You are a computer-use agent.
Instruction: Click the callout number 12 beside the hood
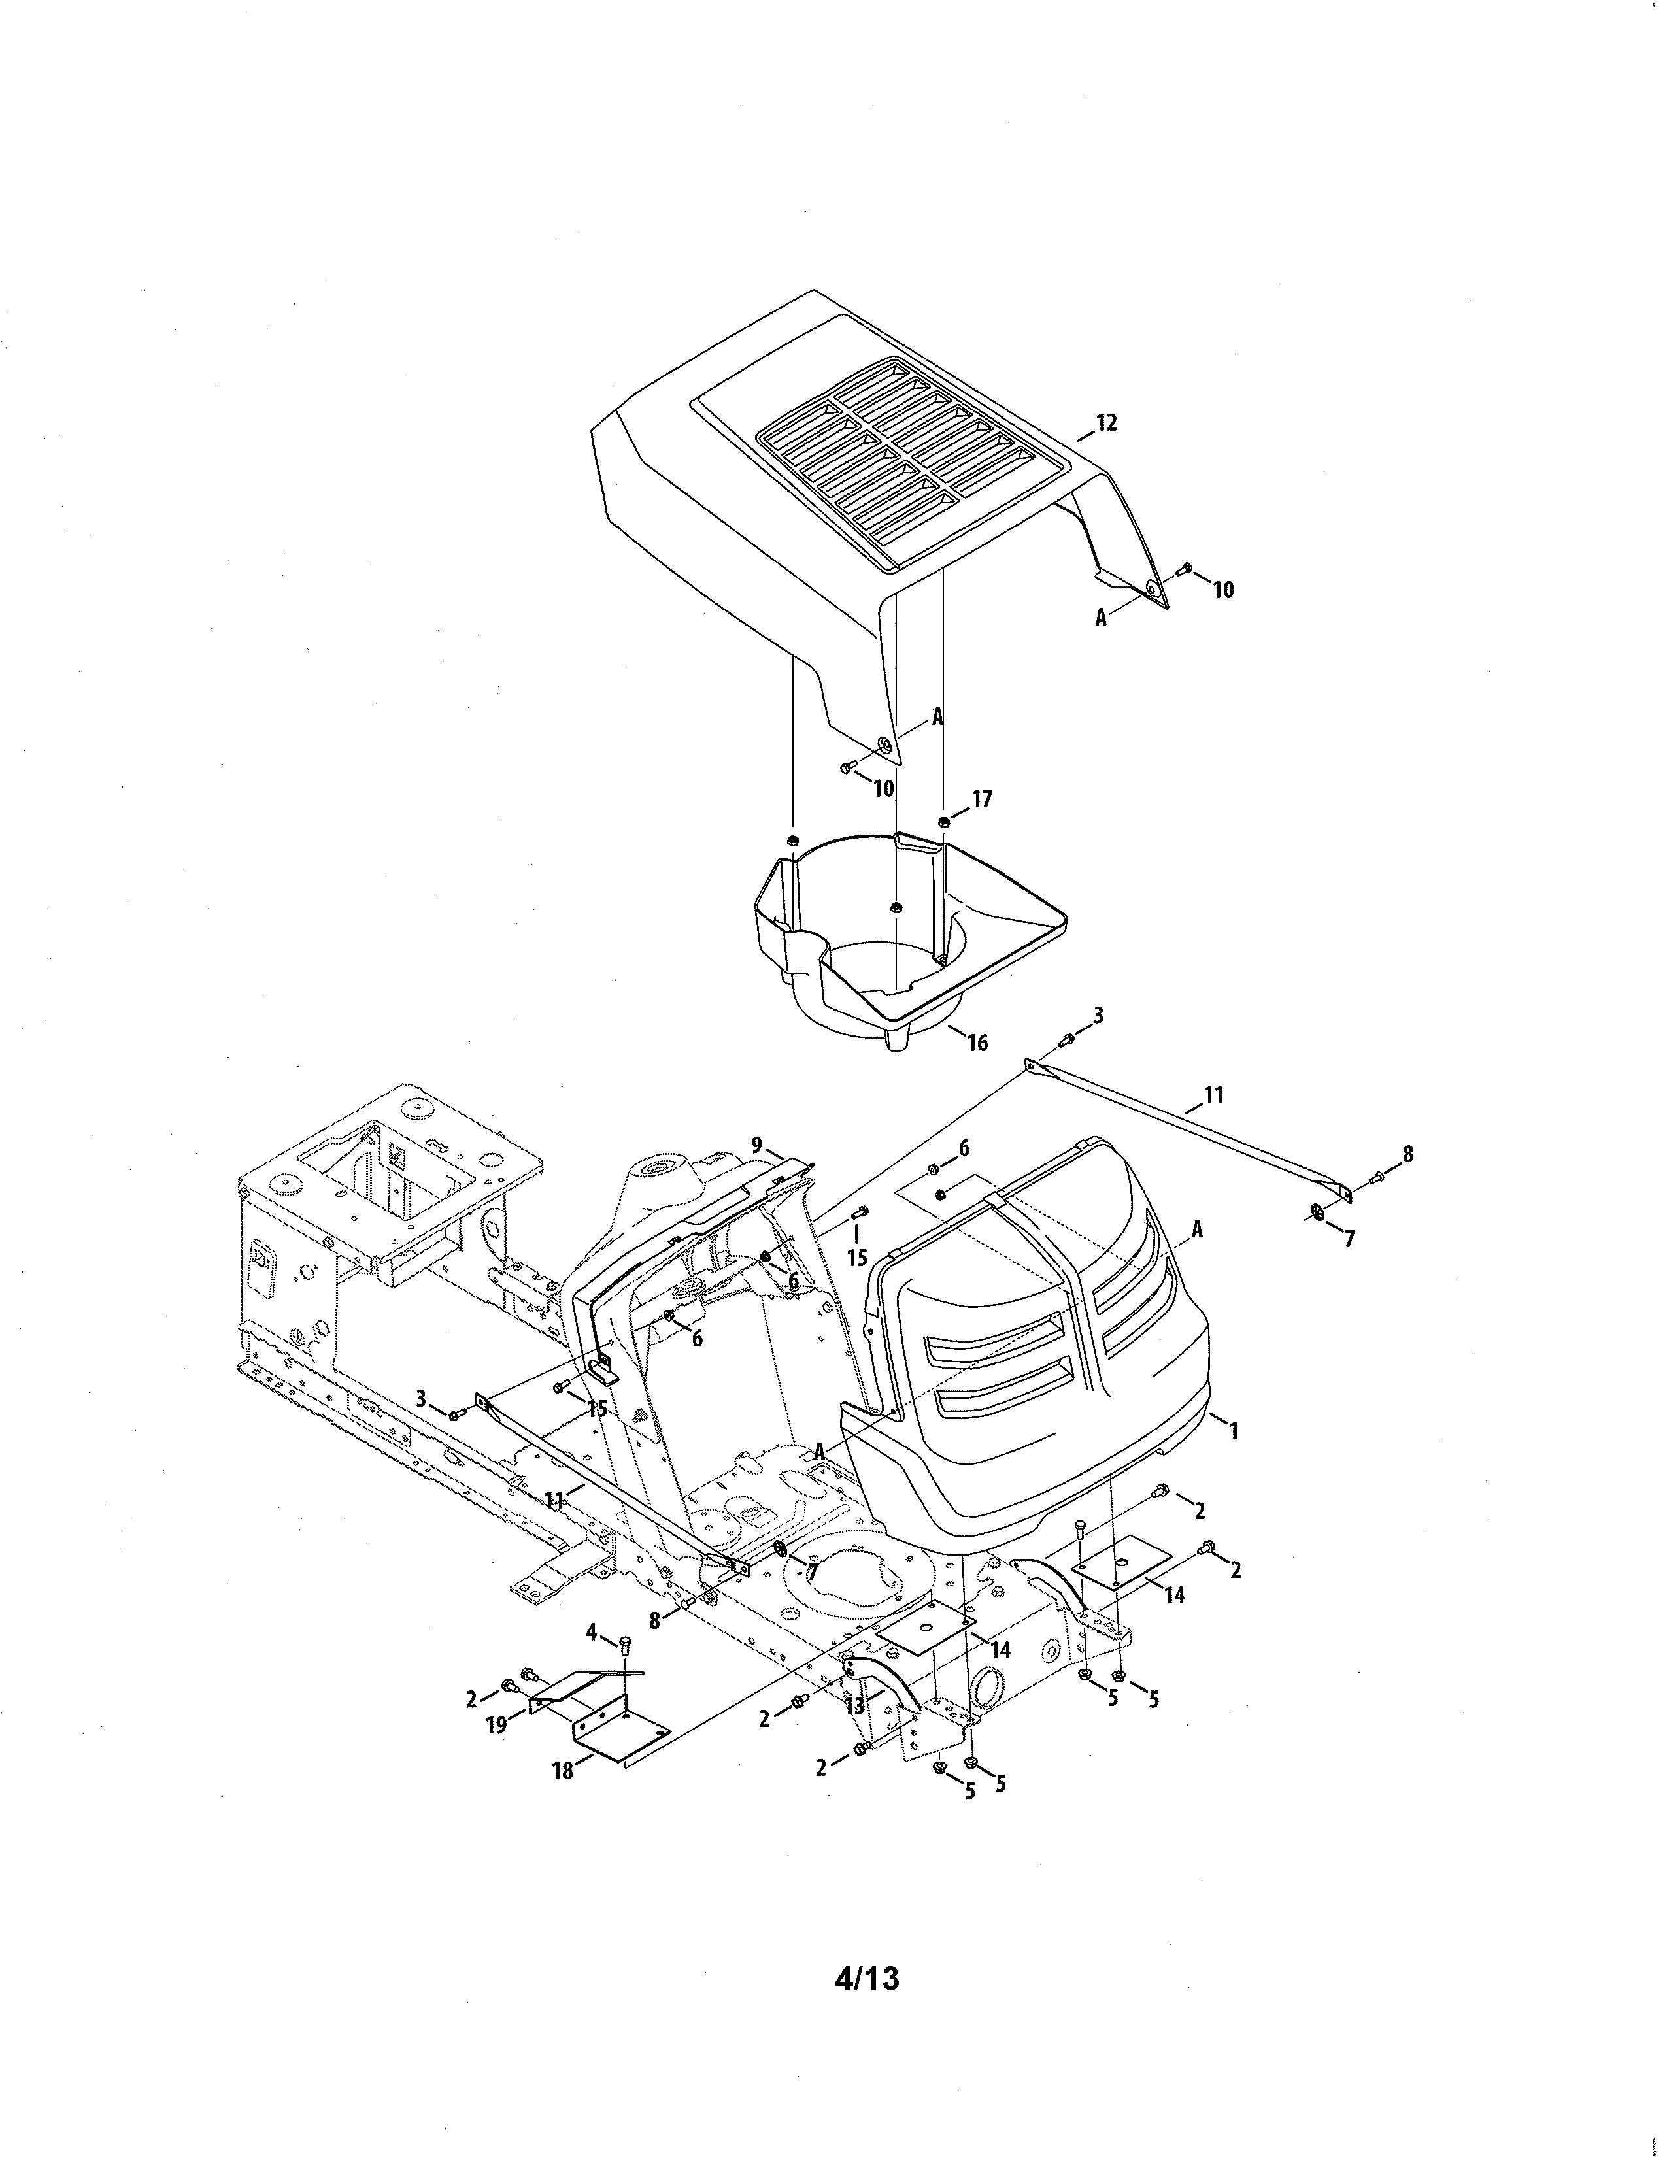coord(1106,423)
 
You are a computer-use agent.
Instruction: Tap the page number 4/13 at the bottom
coord(867,1979)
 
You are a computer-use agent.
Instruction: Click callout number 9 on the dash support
coord(756,1146)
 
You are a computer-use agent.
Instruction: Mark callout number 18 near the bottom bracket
coord(562,1771)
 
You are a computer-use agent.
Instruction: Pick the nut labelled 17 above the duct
coord(944,822)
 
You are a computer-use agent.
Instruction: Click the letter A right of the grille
coord(1197,1229)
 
